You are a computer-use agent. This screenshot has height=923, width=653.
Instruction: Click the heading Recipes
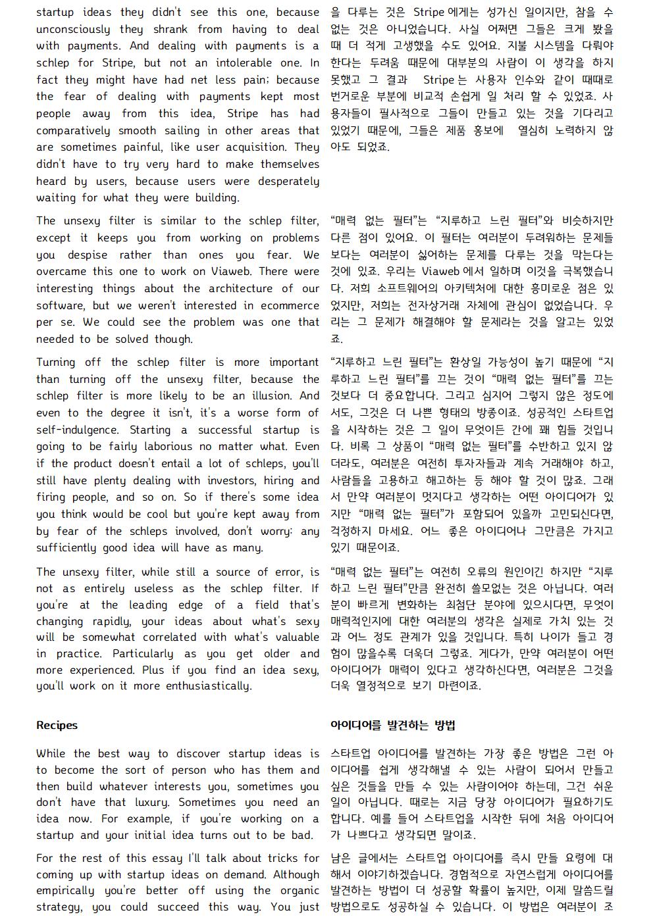pos(57,725)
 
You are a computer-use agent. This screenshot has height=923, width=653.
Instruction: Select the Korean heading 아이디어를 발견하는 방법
pos(392,725)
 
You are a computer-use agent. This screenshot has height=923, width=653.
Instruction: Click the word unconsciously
pos(73,29)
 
